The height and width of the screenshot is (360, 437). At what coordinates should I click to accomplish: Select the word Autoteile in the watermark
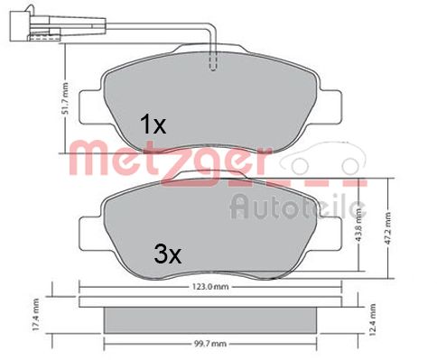point(298,208)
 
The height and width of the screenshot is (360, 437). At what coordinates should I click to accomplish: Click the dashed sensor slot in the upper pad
point(213,62)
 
